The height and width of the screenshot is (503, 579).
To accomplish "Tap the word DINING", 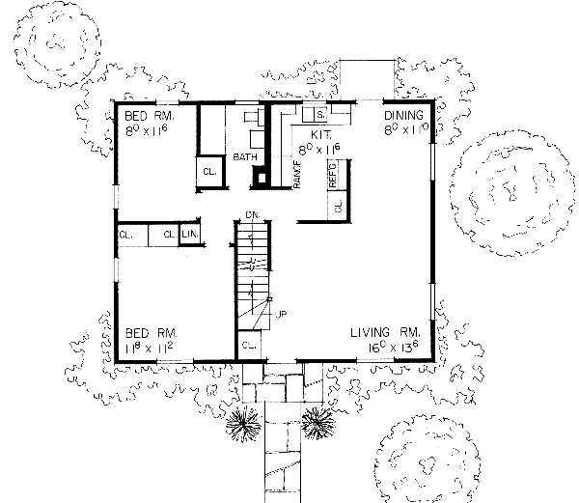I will coord(403,114).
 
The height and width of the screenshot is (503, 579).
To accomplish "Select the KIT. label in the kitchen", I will coord(321,136).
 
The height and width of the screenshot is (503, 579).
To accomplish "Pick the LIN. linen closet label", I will coord(189,235).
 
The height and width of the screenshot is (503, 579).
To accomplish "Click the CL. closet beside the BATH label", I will coord(208,172).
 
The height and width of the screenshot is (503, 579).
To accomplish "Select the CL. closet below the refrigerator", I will coord(338,206).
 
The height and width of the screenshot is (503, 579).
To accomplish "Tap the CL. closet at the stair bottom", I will coord(248,345).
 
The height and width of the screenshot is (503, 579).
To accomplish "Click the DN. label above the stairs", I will coord(253,213).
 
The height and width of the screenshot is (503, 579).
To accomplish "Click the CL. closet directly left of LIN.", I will coord(168,235).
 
